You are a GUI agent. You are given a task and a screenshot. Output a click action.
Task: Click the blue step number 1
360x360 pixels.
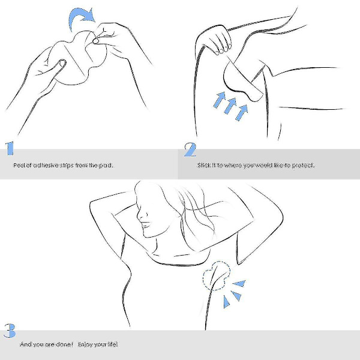tap(10, 149)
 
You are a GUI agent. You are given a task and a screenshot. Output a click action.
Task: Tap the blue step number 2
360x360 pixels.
tap(190, 149)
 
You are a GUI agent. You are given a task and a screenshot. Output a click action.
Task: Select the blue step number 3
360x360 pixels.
tap(10, 331)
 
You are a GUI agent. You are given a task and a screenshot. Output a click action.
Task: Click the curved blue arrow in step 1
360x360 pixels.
tap(78, 16)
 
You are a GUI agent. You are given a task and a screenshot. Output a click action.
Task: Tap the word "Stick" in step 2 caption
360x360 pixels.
tap(203, 166)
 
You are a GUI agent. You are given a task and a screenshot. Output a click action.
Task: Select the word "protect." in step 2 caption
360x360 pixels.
tap(303, 166)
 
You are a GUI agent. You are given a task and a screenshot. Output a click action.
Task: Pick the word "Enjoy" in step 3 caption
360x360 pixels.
tap(85, 344)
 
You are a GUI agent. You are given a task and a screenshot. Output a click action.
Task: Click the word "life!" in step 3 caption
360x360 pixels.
tap(112, 344)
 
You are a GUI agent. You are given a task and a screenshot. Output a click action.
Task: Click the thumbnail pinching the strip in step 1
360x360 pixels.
tap(95, 41)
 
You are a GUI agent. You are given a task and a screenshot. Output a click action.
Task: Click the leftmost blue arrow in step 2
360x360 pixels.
tap(220, 100)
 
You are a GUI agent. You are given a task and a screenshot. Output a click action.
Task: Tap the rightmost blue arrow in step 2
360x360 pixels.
tap(242, 112)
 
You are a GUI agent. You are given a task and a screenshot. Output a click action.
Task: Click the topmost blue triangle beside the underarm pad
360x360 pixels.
tap(239, 283)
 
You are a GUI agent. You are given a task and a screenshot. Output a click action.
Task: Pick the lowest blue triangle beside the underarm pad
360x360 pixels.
tap(226, 302)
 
